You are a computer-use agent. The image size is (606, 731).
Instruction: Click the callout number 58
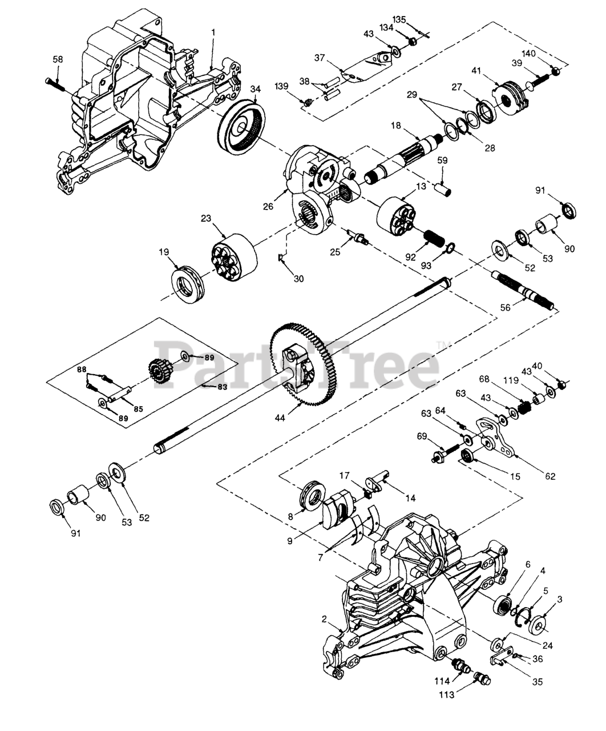[58, 59]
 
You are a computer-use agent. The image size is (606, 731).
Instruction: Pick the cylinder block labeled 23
[234, 258]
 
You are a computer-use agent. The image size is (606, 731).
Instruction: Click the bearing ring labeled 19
[188, 285]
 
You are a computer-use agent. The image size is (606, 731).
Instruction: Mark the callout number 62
[550, 476]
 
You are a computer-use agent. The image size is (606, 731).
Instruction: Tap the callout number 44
[280, 418]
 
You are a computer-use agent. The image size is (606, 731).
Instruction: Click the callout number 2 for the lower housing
[325, 618]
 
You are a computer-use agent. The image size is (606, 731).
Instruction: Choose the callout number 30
[298, 279]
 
